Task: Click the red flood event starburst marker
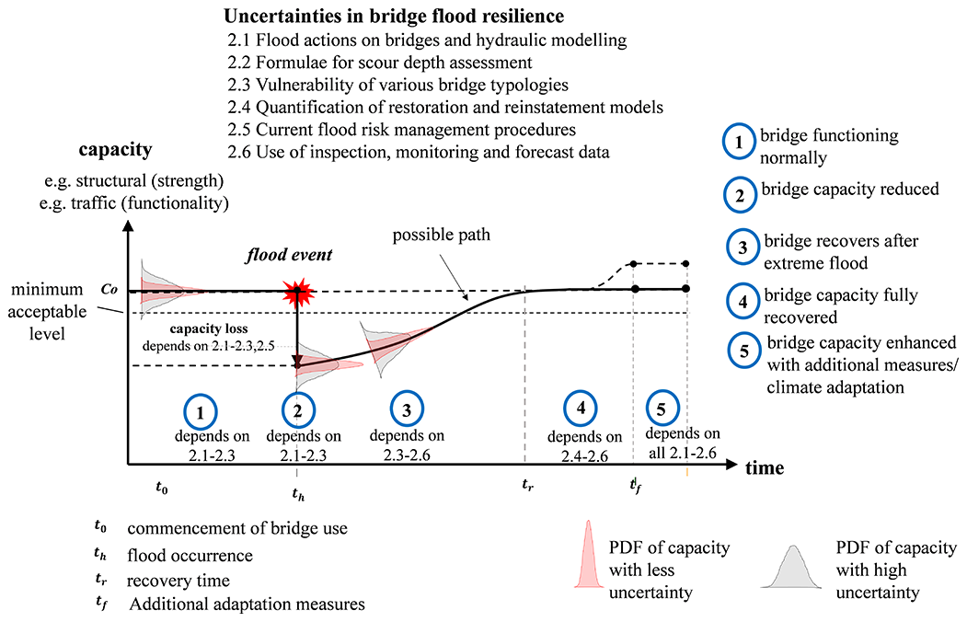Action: (x=297, y=293)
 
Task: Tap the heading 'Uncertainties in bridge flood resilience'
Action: (x=393, y=17)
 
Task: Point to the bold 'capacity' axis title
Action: (x=115, y=150)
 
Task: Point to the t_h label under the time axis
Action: (x=297, y=494)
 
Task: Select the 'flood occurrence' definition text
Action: (x=190, y=556)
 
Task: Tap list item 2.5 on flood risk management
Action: (x=401, y=130)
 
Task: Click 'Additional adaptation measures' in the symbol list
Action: (x=248, y=605)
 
